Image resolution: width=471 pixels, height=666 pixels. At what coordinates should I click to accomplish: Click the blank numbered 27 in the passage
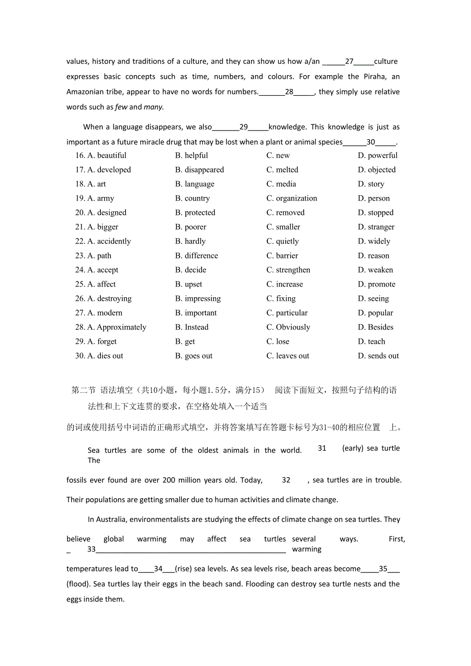(349, 61)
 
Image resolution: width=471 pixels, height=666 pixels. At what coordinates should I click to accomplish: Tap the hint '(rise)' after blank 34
(184, 569)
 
